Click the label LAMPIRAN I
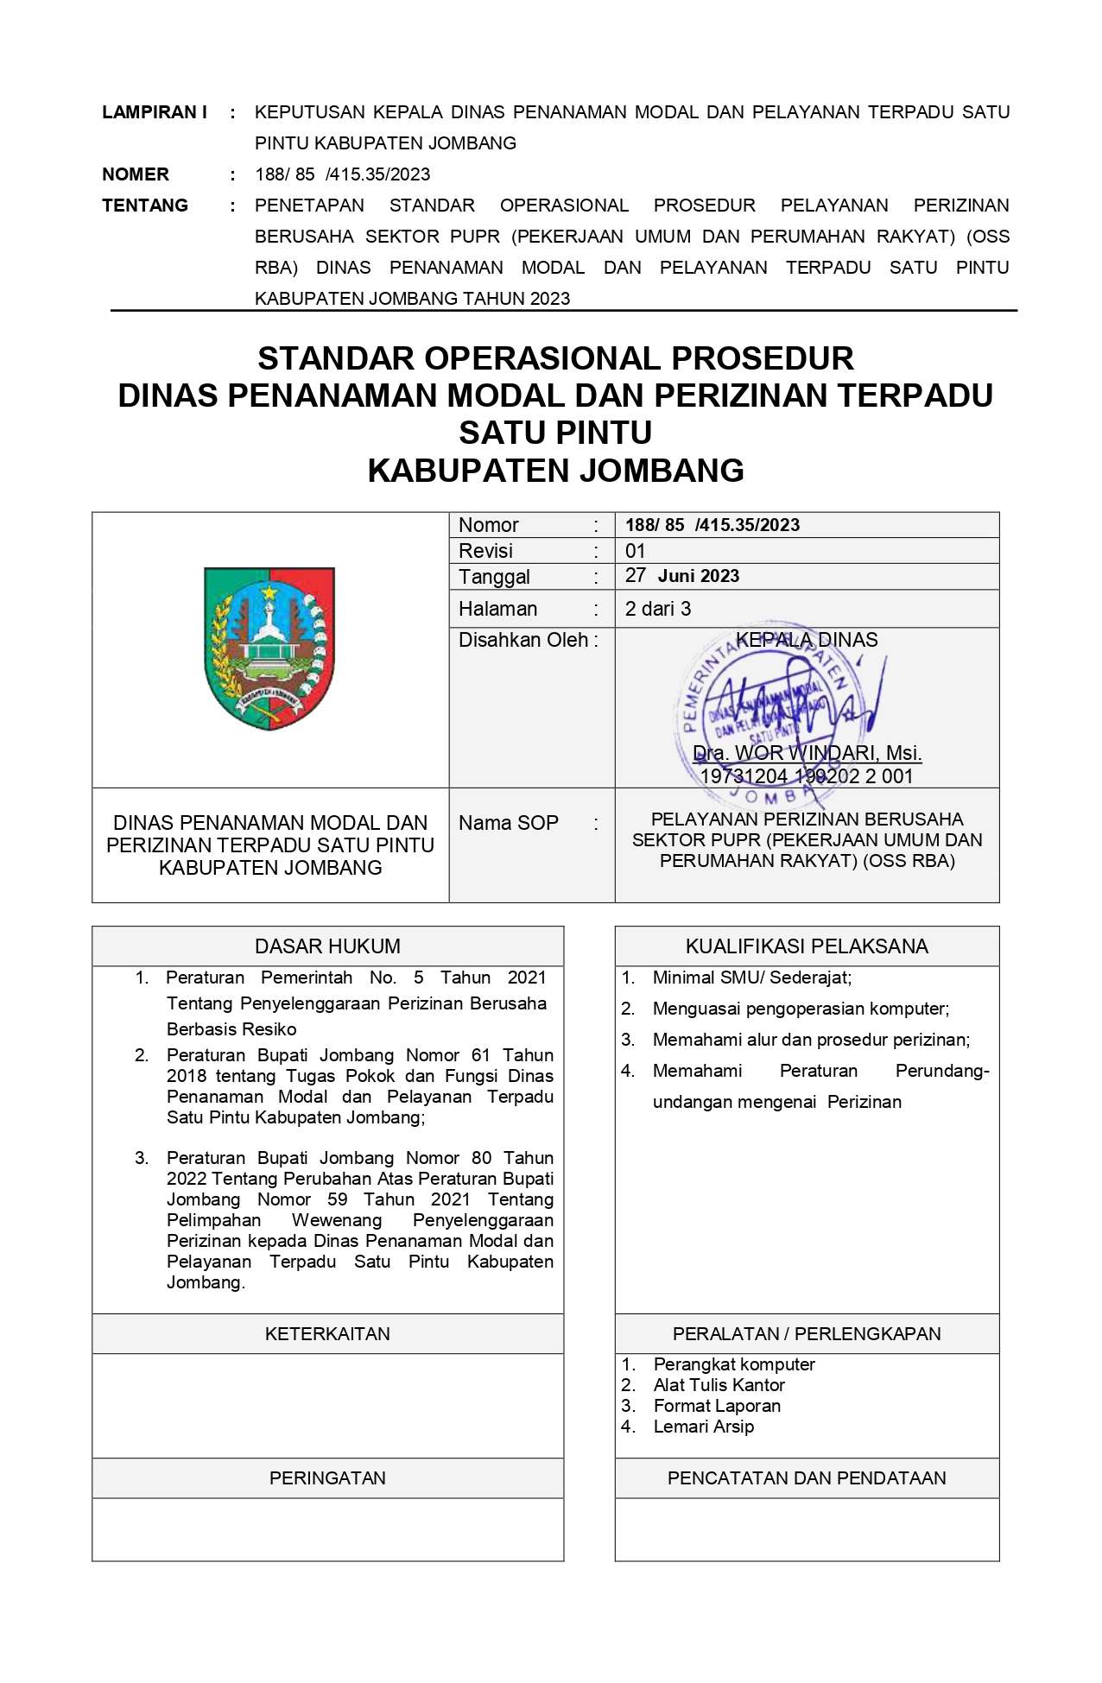(x=155, y=112)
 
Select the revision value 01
(x=636, y=551)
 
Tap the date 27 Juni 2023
(x=682, y=576)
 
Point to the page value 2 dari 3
(x=658, y=609)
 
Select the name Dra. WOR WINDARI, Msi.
(x=807, y=753)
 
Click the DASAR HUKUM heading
(x=327, y=946)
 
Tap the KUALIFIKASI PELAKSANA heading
(x=807, y=946)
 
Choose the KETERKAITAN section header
(x=327, y=1334)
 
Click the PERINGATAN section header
(x=327, y=1478)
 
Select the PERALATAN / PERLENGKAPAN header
(x=807, y=1334)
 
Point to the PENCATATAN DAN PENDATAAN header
(x=807, y=1478)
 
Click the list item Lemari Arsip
(x=704, y=1427)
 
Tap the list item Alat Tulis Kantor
(x=719, y=1385)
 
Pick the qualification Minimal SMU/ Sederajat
(x=752, y=978)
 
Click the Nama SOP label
(x=509, y=823)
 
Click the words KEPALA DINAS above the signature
(x=807, y=640)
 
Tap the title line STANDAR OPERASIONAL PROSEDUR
(x=555, y=358)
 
